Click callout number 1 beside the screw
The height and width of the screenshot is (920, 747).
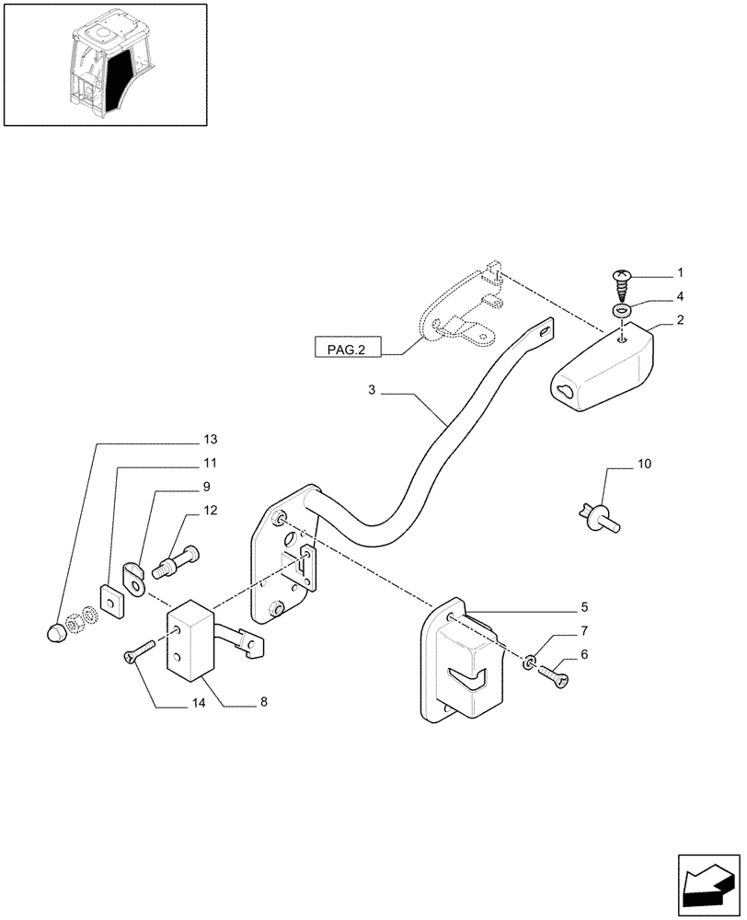tap(680, 273)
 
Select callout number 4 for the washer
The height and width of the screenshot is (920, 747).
tap(680, 296)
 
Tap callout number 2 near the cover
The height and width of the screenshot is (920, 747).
tap(680, 321)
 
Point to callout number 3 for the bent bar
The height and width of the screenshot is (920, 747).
tap(373, 391)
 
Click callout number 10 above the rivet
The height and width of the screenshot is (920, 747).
tap(643, 465)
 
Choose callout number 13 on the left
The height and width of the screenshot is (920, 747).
tap(211, 438)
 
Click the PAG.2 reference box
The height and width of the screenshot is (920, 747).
tap(346, 350)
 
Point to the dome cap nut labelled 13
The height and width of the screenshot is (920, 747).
tap(56, 632)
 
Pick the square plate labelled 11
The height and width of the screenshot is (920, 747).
tap(110, 600)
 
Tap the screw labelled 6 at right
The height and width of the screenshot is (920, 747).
tap(556, 677)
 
